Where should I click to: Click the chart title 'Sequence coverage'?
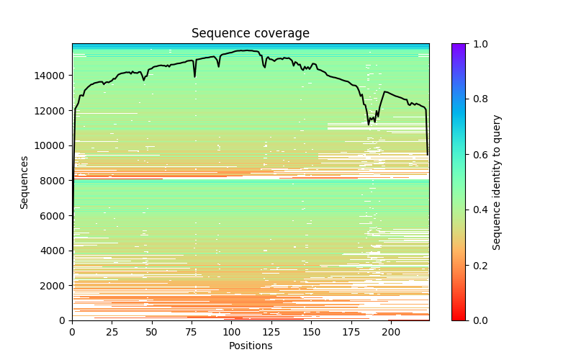pyautogui.click(x=250, y=33)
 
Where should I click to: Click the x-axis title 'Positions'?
pyautogui.click(x=250, y=346)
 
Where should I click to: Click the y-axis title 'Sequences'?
pyautogui.click(x=24, y=182)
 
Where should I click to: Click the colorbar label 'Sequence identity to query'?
pyautogui.click(x=497, y=182)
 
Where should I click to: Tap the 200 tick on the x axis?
pyautogui.click(x=390, y=320)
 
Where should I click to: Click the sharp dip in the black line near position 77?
pyautogui.click(x=194, y=76)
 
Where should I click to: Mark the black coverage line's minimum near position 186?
pyautogui.click(x=369, y=124)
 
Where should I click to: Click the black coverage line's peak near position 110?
pyautogui.click(x=247, y=50)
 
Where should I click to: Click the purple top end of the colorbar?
pyautogui.click(x=459, y=46)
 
